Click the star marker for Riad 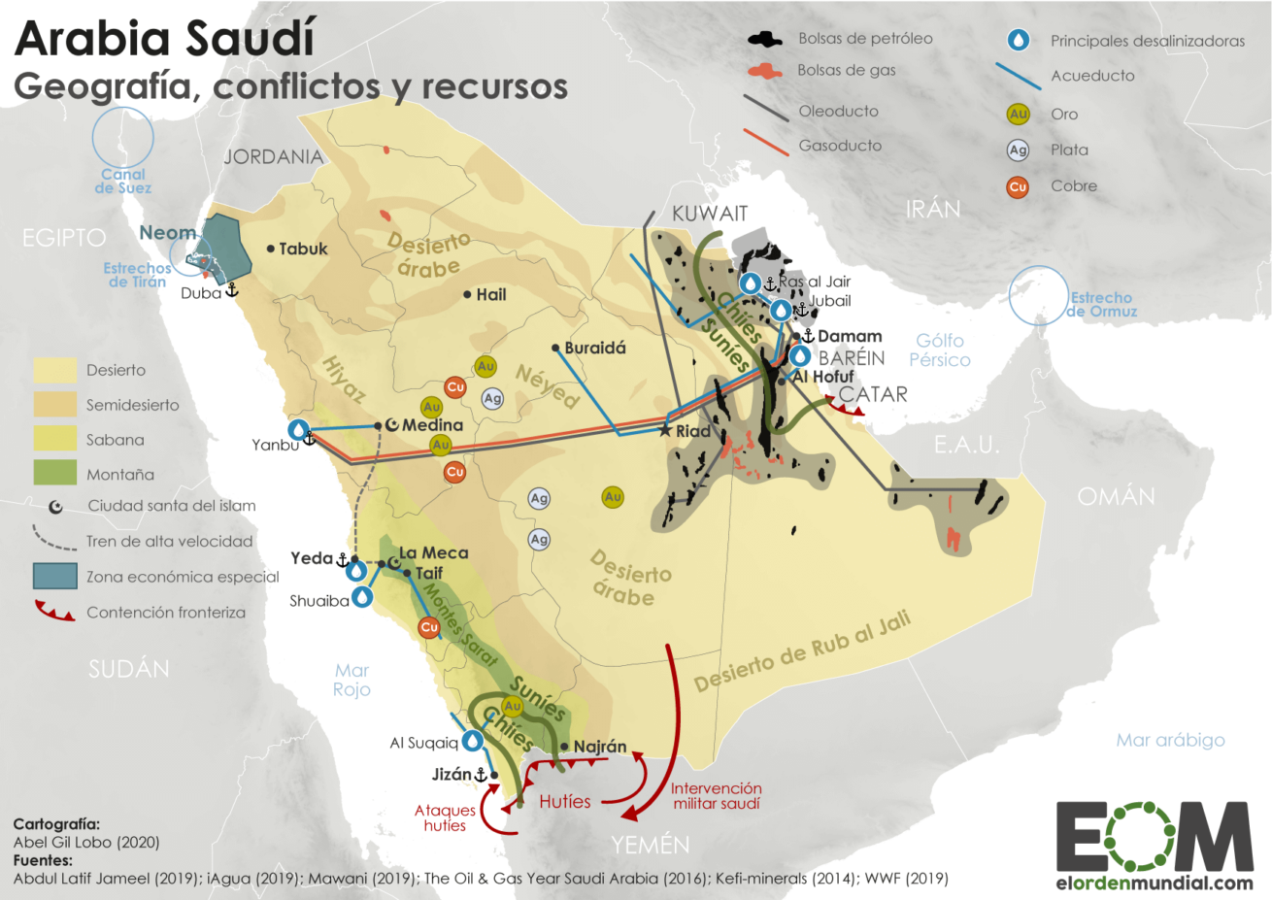665,430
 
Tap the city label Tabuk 303,249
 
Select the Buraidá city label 595,348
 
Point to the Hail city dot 468,294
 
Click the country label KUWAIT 710,214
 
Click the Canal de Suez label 123,181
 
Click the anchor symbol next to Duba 232,290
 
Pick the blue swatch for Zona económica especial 54,576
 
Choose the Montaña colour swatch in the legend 54,474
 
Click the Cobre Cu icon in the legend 1018,186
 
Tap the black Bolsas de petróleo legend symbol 765,40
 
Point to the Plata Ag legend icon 1018,150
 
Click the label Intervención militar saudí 716,796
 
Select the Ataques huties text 445,817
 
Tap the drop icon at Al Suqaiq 473,741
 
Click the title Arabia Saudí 165,39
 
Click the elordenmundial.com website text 1155,883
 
